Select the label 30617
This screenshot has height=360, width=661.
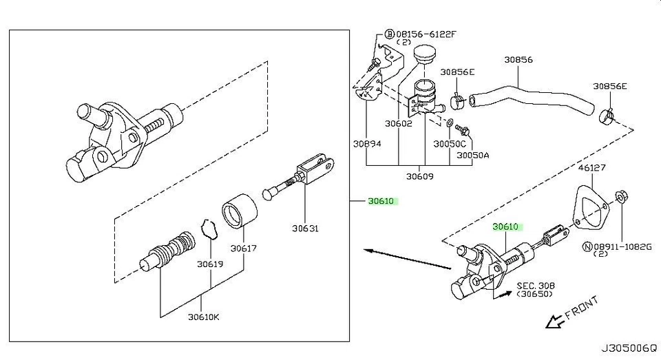(x=243, y=248)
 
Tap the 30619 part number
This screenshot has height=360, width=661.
(x=209, y=263)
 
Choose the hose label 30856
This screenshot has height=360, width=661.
(x=518, y=60)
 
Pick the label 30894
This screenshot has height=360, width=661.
(x=367, y=145)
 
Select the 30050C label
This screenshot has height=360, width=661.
(x=449, y=145)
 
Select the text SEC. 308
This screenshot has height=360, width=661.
(x=536, y=284)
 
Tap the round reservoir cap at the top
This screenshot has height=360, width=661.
(x=426, y=54)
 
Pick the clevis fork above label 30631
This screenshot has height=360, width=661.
(x=315, y=170)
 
